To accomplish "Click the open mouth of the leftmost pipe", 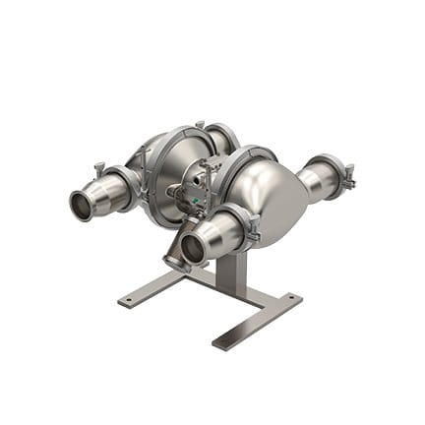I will (x=78, y=206).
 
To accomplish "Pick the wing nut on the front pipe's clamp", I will (x=254, y=234).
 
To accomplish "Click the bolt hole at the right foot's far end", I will (x=296, y=298).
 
